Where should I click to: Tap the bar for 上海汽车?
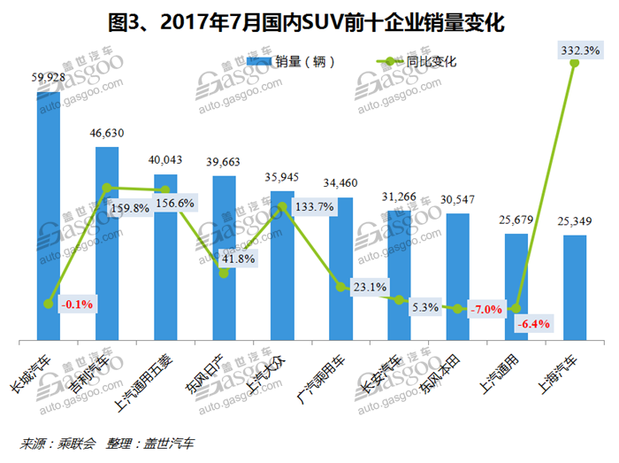(x=575, y=287)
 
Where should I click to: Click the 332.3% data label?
(x=579, y=51)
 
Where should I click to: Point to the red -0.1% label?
(x=77, y=304)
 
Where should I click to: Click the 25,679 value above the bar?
(x=516, y=220)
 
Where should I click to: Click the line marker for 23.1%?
(x=340, y=287)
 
